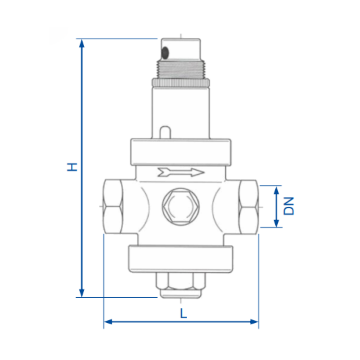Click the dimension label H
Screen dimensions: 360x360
tap(72, 167)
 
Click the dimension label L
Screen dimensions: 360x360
tap(183, 313)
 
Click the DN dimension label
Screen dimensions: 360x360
tap(288, 206)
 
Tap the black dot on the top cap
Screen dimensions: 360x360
tap(165, 53)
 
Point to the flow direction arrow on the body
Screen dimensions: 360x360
tap(181, 172)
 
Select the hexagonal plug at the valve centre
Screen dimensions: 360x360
tap(181, 206)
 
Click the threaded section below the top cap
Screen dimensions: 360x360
tap(181, 69)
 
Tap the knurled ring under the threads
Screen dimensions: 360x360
tap(181, 83)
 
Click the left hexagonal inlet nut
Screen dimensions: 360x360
tap(113, 207)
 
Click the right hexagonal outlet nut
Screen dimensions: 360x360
tap(249, 207)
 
